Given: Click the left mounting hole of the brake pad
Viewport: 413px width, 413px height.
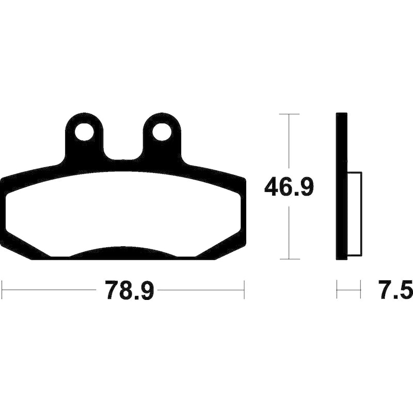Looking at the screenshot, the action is click(x=85, y=132).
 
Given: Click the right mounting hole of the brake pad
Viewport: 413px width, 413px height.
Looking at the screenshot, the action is click(x=162, y=132).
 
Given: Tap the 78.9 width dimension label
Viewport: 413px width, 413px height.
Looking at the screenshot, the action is click(x=129, y=290).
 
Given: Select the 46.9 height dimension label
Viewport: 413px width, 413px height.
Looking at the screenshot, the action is click(x=289, y=187).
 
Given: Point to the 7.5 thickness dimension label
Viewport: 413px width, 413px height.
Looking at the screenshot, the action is click(x=395, y=290).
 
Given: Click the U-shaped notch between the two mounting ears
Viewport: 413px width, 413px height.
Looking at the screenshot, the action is click(x=123, y=155).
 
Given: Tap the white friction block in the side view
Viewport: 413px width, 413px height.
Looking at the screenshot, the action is click(x=355, y=214).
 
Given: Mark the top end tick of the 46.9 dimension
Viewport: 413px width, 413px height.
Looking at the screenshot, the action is click(x=289, y=114).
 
